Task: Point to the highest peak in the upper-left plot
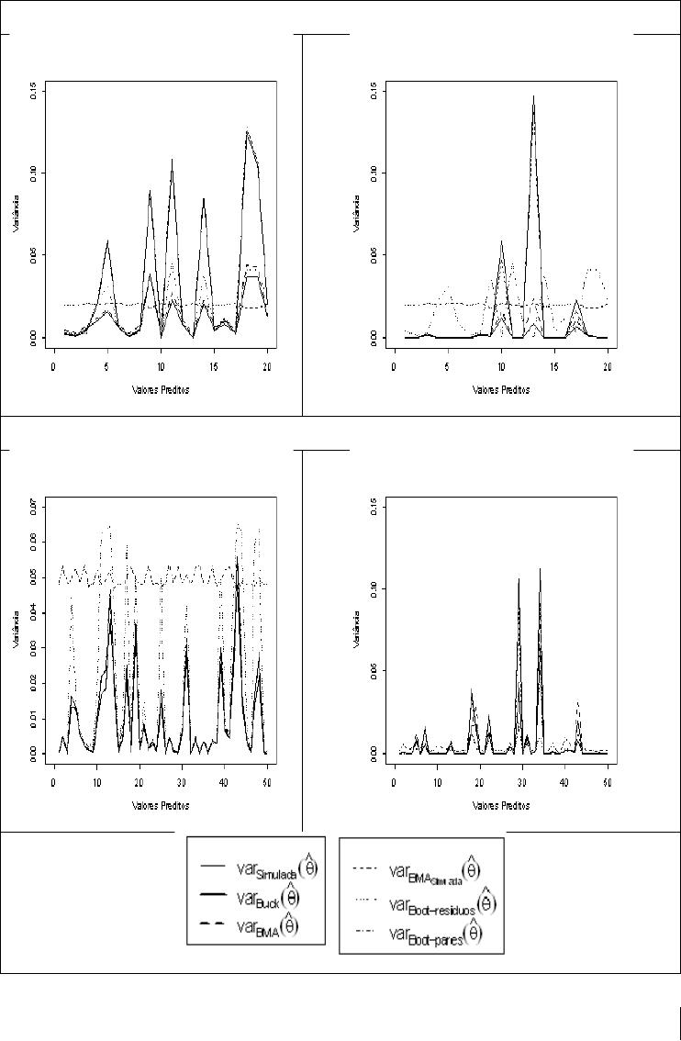[x=247, y=131]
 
